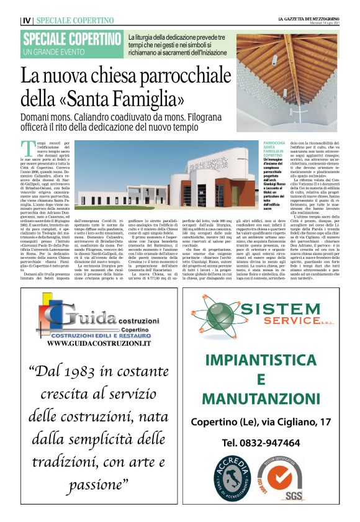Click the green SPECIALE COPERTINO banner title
pos(71,39)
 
